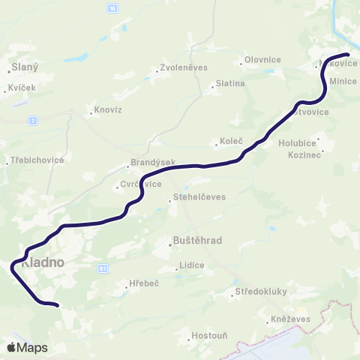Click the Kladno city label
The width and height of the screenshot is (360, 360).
pyautogui.click(x=43, y=264)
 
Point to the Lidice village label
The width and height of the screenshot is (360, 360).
pyautogui.click(x=190, y=265)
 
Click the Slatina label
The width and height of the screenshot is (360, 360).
pyautogui.click(x=229, y=83)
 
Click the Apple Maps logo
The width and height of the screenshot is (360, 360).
pyautogui.click(x=27, y=347)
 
